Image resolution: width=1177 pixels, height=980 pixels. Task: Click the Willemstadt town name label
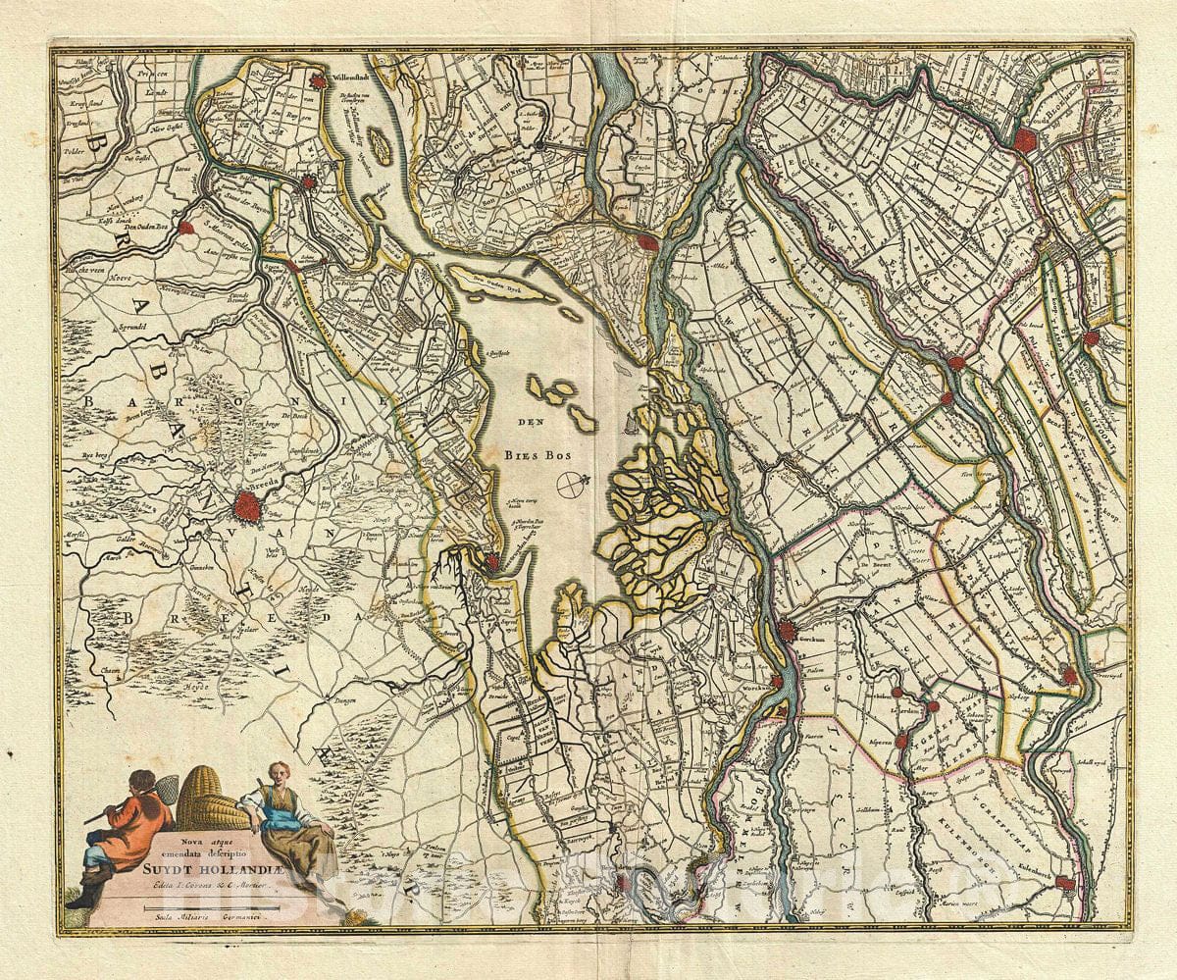point(356,74)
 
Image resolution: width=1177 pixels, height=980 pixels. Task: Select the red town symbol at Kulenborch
point(1067,883)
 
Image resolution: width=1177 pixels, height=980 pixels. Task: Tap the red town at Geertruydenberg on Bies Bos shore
point(492,561)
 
